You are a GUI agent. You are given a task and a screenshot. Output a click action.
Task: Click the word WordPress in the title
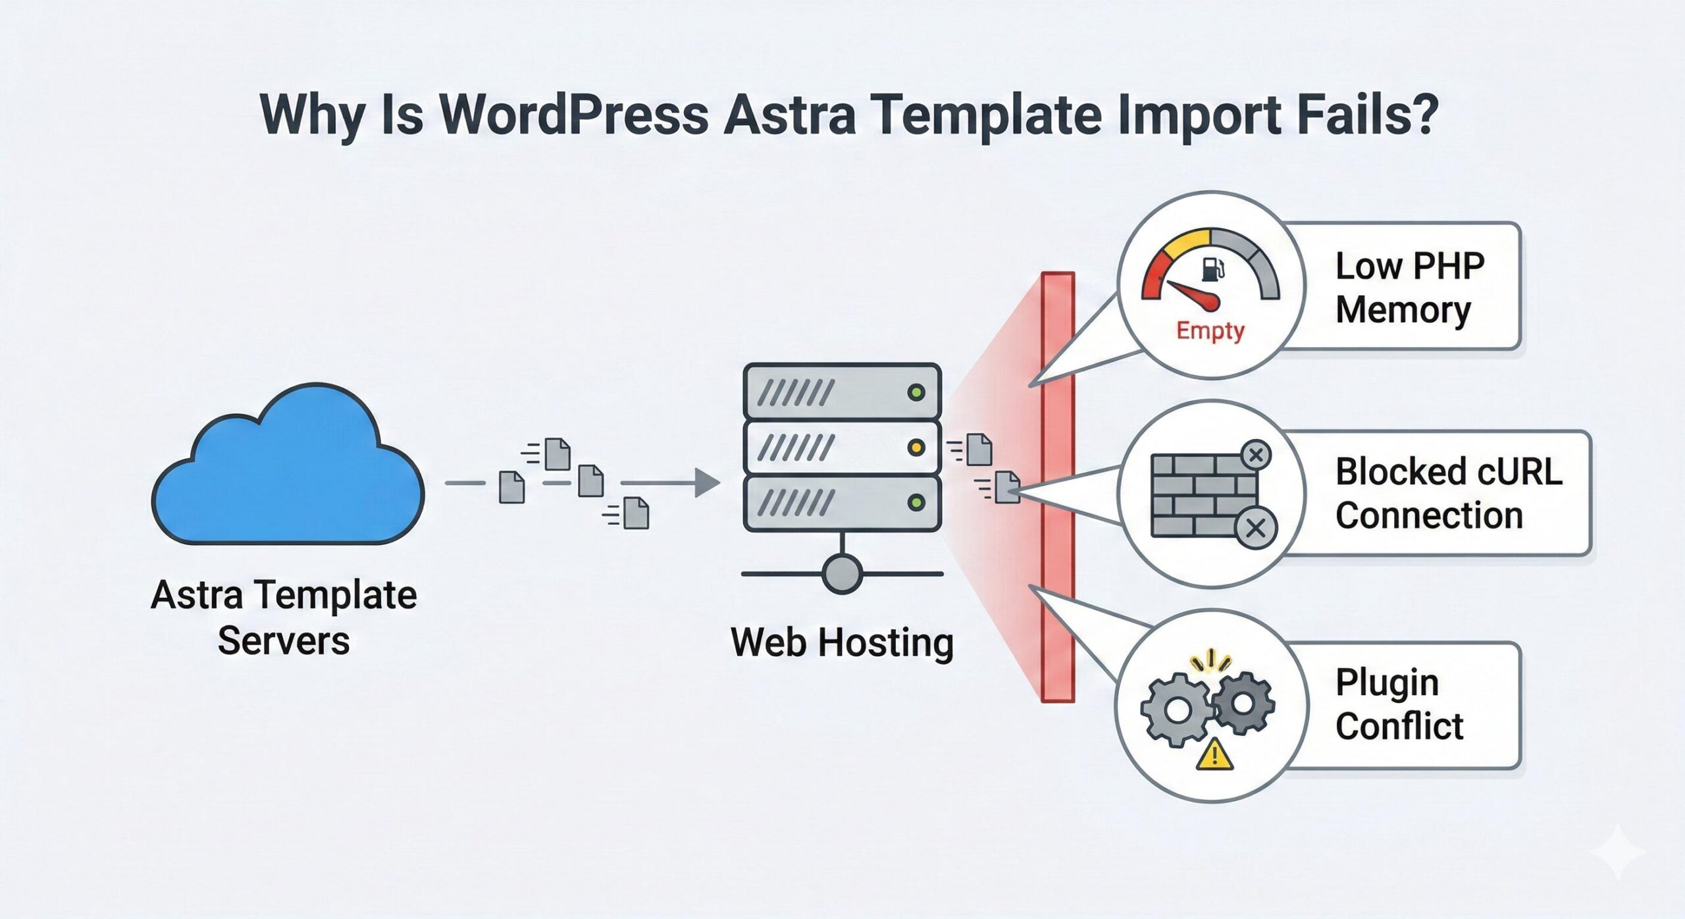tap(573, 116)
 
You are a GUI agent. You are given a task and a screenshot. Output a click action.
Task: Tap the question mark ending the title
tap(1422, 115)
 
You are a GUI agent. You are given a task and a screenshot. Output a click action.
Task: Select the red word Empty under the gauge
tap(1210, 330)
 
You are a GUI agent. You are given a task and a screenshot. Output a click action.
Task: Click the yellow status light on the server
tap(916, 448)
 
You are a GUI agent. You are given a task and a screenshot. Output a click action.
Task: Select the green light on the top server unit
tap(916, 393)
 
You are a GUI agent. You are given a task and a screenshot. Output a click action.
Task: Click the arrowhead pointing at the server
tap(707, 483)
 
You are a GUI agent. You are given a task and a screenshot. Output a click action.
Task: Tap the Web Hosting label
tap(842, 643)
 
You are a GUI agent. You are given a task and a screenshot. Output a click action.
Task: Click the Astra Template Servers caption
tap(284, 617)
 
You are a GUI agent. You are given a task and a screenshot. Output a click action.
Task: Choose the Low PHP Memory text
tap(1409, 288)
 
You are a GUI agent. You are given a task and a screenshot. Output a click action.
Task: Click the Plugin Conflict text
tap(1398, 704)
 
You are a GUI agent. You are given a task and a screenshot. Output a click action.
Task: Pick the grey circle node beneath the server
tap(842, 573)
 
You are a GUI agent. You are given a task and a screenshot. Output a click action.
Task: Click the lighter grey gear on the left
tap(1176, 712)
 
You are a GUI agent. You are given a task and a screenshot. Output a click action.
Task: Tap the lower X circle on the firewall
tap(1255, 528)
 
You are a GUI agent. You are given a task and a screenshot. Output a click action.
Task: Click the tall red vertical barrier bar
tap(1058, 487)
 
